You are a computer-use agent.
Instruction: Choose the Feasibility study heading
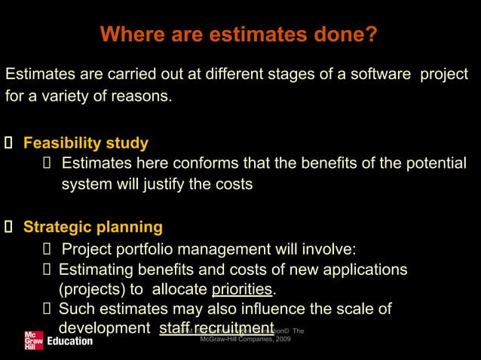[x=85, y=143]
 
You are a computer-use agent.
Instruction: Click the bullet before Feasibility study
[x=8, y=144]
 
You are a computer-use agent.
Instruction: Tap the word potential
[x=430, y=163]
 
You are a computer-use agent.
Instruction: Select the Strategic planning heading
[x=93, y=227]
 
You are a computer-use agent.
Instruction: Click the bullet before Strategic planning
[x=8, y=227]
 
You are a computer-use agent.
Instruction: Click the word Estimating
[x=97, y=270]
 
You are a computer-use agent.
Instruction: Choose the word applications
[x=362, y=270]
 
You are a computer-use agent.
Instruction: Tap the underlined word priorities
[x=243, y=289]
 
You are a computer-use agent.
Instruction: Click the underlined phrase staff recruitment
[x=216, y=328]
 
